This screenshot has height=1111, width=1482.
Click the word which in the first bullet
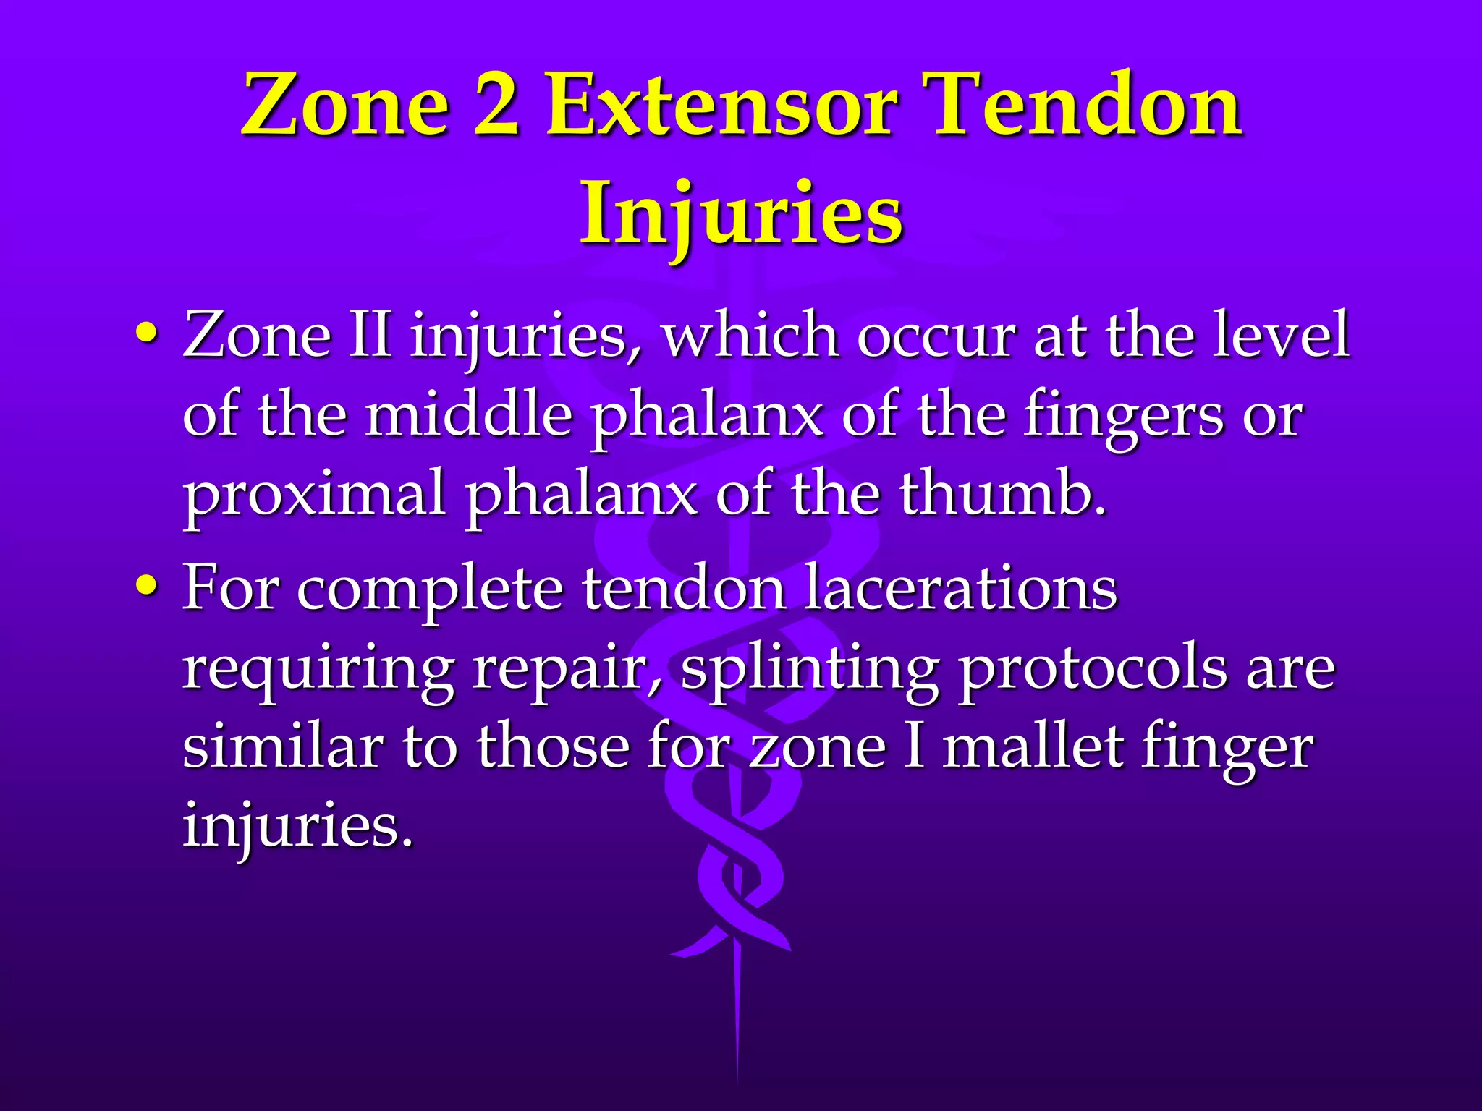pyautogui.click(x=750, y=335)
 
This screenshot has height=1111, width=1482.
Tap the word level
pyautogui.click(x=1281, y=335)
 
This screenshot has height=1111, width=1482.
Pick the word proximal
pyautogui.click(x=313, y=495)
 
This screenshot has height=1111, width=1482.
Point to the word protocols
pyautogui.click(x=1092, y=670)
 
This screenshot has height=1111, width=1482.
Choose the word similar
pyautogui.click(x=283, y=746)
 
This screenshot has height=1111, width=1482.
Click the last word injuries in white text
pyautogui.click(x=297, y=827)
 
